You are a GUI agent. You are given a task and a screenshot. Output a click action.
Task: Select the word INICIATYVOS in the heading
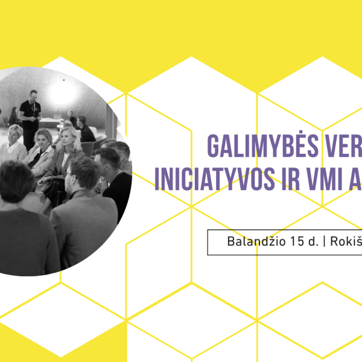point(214,179)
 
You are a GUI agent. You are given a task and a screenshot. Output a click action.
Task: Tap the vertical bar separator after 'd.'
point(325,241)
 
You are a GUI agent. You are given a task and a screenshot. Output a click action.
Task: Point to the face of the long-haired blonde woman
point(66,140)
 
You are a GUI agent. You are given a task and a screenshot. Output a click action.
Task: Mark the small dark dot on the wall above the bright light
point(64,80)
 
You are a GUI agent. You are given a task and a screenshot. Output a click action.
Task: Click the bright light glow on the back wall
point(62,94)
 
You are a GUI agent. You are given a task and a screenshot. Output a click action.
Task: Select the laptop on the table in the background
point(57,116)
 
